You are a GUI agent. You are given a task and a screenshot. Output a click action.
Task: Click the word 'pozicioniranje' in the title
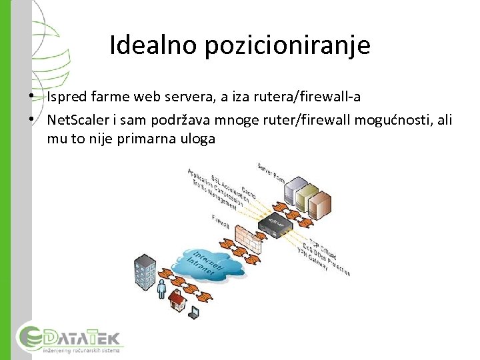(x=288, y=45)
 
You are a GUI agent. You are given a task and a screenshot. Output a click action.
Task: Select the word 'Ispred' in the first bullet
(x=67, y=97)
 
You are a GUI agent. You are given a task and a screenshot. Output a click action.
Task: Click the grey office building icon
(x=145, y=270)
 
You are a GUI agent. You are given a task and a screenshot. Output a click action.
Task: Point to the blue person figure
(x=161, y=288)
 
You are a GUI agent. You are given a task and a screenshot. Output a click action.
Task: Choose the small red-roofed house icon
(x=178, y=303)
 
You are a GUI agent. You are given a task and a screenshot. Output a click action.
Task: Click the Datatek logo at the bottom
(x=70, y=338)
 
